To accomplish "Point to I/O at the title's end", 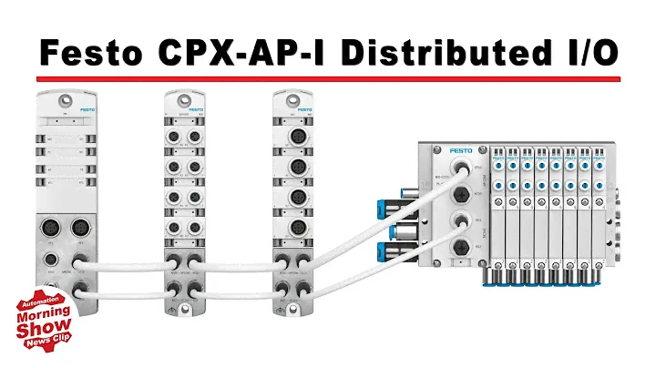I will point(589,52).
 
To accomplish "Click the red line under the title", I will point(328,80).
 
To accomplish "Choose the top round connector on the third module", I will point(293,138).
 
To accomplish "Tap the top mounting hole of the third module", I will point(292,97).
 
